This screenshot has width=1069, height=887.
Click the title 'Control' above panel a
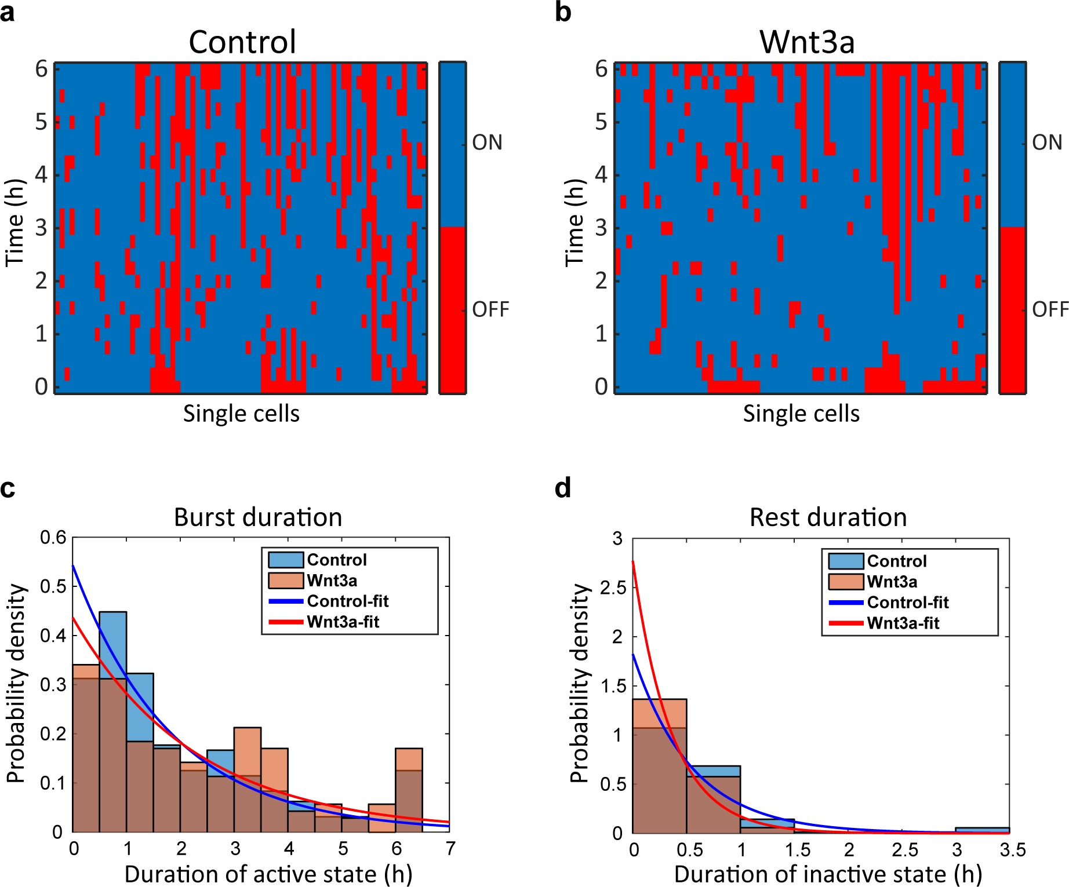pyautogui.click(x=242, y=42)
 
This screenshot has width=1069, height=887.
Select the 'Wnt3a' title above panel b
pyautogui.click(x=807, y=42)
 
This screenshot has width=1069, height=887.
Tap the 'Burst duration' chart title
pyautogui.click(x=258, y=517)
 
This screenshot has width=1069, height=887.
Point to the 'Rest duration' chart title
pyautogui.click(x=828, y=517)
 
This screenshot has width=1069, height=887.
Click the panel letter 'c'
pyautogui.click(x=8, y=488)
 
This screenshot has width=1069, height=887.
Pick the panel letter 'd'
pyautogui.click(x=563, y=488)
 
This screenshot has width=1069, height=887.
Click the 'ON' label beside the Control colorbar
pyautogui.click(x=487, y=143)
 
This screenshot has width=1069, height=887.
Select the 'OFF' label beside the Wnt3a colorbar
pyautogui.click(x=1049, y=309)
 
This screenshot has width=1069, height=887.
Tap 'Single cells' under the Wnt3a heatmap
pyautogui.click(x=801, y=414)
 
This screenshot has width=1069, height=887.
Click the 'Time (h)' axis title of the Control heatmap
pyautogui.click(x=15, y=223)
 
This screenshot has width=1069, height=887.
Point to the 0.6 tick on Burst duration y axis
pyautogui.click(x=53, y=538)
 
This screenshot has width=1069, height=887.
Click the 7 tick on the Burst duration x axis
pyautogui.click(x=450, y=849)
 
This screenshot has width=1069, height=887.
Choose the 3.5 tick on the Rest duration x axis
pyautogui.click(x=1012, y=850)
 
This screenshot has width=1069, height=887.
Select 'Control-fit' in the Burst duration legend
pyautogui.click(x=347, y=601)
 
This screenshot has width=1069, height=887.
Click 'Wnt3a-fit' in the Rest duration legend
pyautogui.click(x=903, y=623)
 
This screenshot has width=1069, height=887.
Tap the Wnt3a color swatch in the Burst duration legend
pyautogui.click(x=286, y=581)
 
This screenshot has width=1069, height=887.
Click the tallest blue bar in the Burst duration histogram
pyautogui.click(x=113, y=643)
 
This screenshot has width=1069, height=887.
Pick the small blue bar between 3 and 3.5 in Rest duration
pyautogui.click(x=982, y=830)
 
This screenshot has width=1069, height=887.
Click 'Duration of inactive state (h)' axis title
pyautogui.click(x=828, y=874)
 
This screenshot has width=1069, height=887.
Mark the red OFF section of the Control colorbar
pyautogui.click(x=452, y=310)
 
